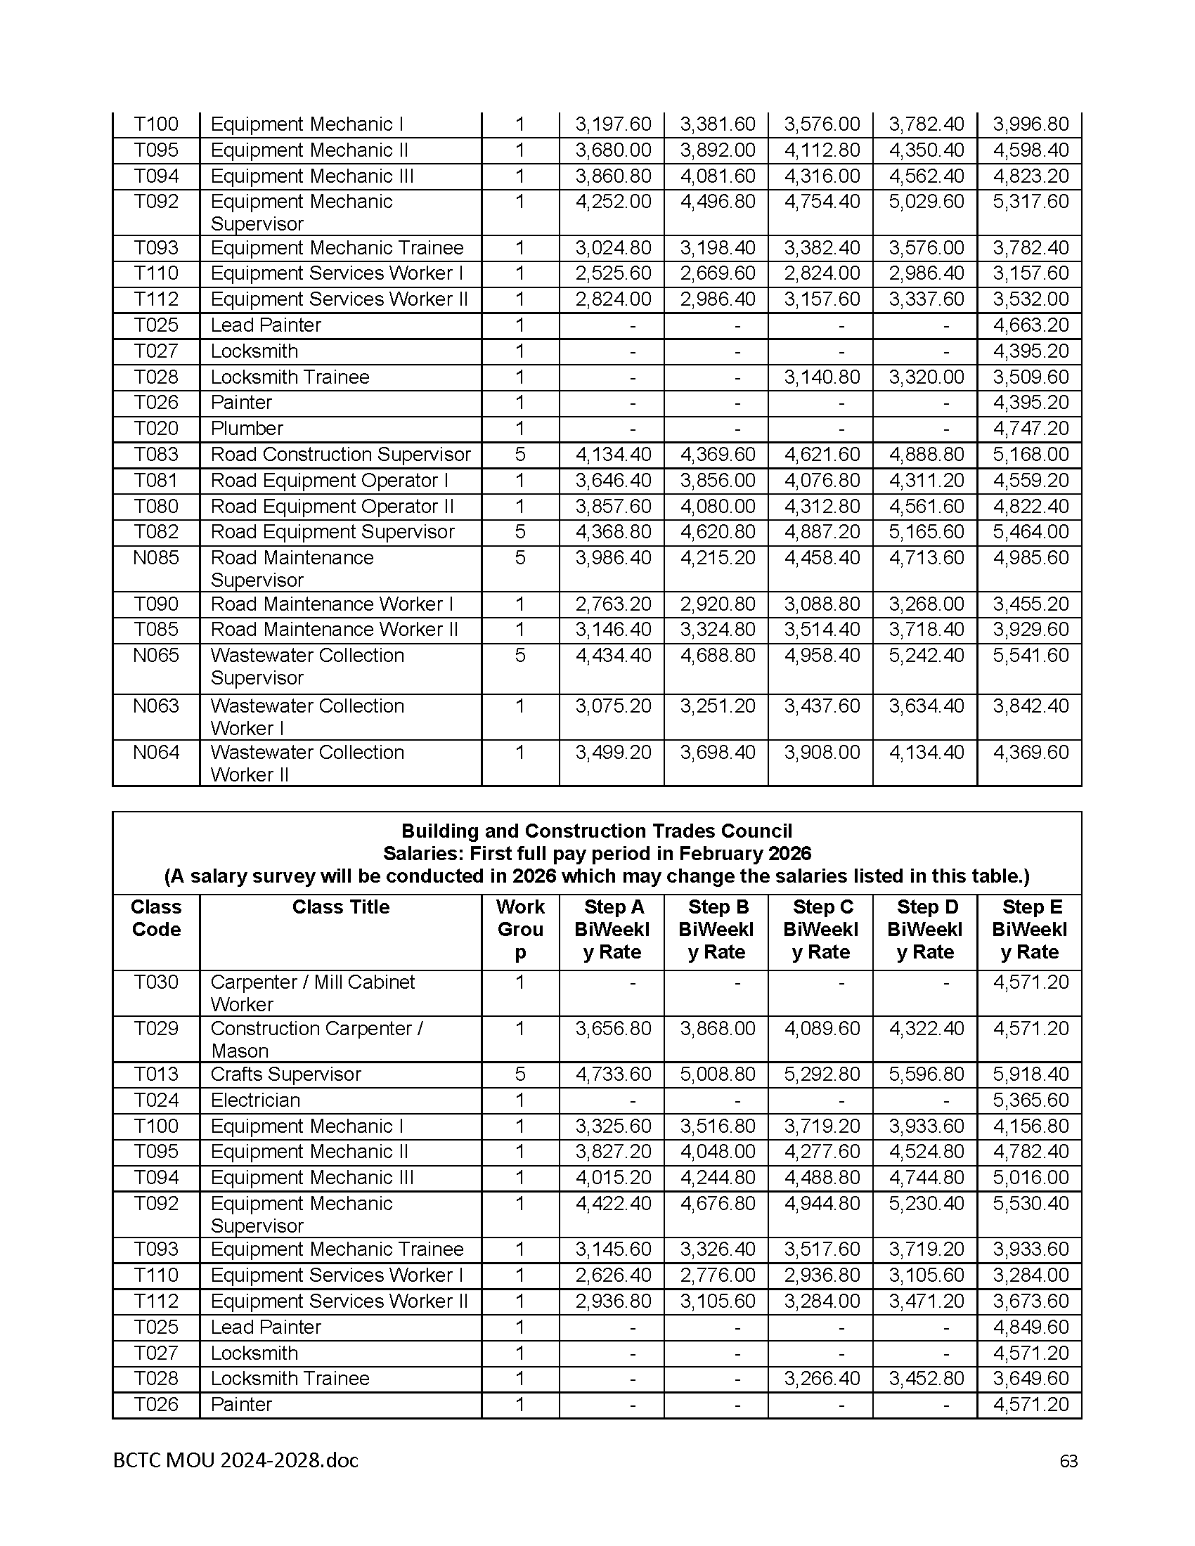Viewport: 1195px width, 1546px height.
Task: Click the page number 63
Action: point(1068,1461)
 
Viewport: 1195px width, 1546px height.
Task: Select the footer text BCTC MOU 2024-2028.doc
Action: point(235,1460)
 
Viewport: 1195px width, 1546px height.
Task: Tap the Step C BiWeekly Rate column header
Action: point(820,930)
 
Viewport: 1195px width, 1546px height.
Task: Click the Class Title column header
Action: point(340,907)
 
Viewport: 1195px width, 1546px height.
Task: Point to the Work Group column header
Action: point(520,930)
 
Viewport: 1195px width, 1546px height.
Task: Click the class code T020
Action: point(156,428)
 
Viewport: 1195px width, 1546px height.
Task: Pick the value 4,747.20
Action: point(1030,428)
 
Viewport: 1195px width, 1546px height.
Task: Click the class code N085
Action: point(156,558)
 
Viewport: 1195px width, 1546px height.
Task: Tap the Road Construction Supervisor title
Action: point(340,455)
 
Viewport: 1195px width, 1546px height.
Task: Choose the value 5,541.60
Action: point(1030,656)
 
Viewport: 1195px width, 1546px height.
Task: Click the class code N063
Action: point(156,706)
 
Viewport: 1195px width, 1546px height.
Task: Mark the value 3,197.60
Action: point(612,124)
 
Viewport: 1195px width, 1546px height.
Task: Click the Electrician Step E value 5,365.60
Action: point(1030,1100)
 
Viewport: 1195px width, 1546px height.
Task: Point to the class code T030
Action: point(156,982)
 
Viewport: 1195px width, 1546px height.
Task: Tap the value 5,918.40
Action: point(1030,1074)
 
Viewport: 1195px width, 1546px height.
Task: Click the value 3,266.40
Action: point(821,1379)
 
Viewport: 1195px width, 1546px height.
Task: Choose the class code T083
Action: point(156,455)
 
